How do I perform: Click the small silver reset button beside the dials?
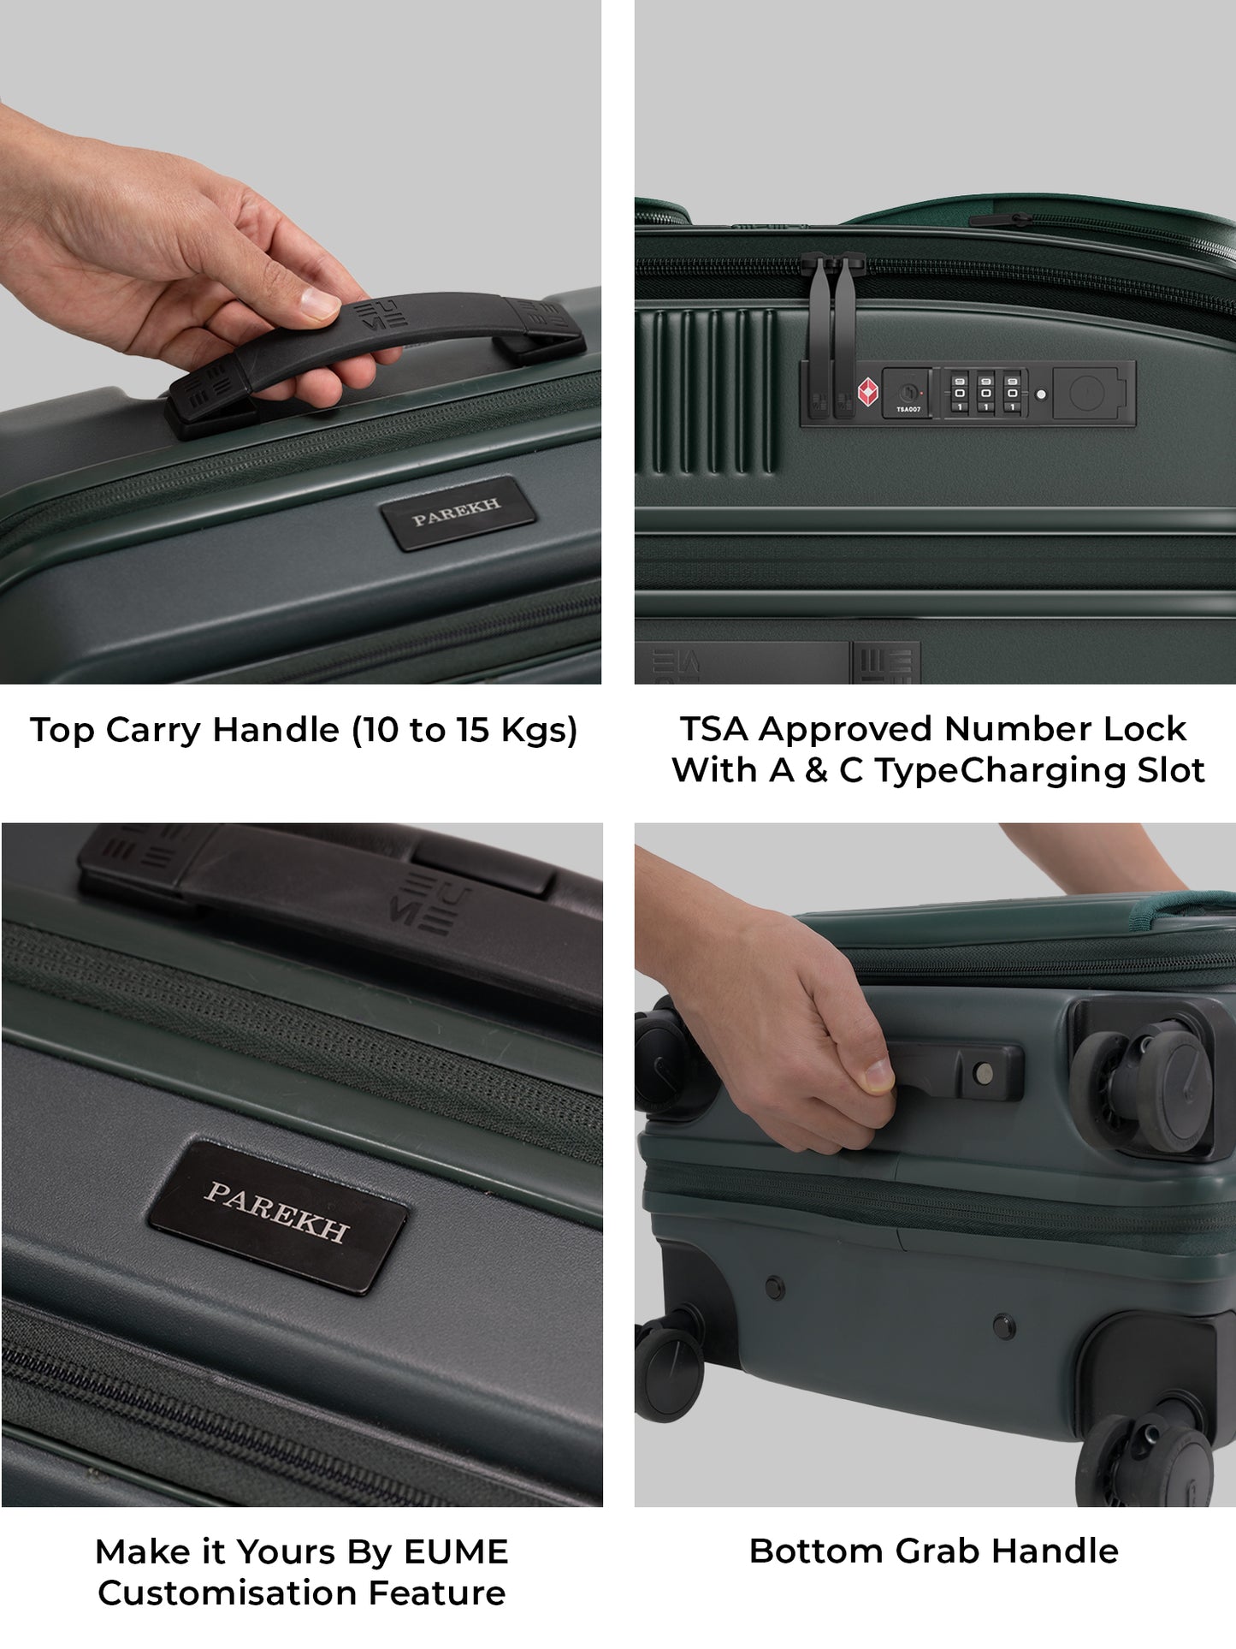1040,394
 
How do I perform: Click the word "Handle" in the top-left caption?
276,730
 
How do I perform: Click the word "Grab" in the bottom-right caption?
927,1551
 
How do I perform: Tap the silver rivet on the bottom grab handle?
983,1072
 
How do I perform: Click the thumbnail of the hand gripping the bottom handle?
877,1077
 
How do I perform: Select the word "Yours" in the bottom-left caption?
285,1551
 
